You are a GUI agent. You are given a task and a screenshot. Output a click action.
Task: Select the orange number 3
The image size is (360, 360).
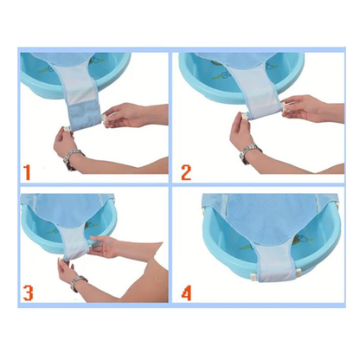coord(29,292)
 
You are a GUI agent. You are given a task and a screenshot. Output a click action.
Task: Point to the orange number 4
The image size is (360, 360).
coord(187,292)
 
